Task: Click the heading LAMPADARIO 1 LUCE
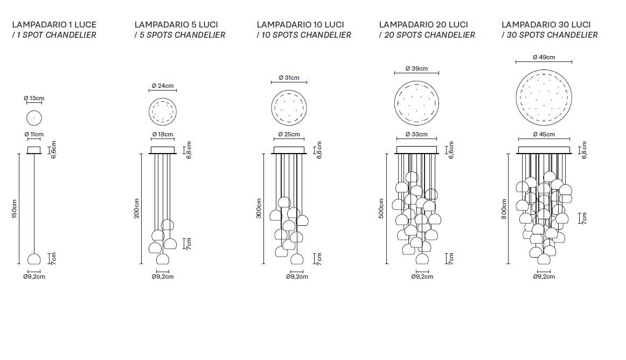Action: [54, 24]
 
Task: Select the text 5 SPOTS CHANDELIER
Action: [183, 35]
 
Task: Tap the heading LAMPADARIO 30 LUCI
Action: [546, 24]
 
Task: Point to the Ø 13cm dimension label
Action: [34, 98]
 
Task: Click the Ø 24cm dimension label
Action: [163, 86]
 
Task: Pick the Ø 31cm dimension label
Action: [289, 78]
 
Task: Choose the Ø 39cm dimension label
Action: [416, 68]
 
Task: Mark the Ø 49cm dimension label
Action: [544, 57]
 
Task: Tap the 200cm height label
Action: [136, 208]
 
